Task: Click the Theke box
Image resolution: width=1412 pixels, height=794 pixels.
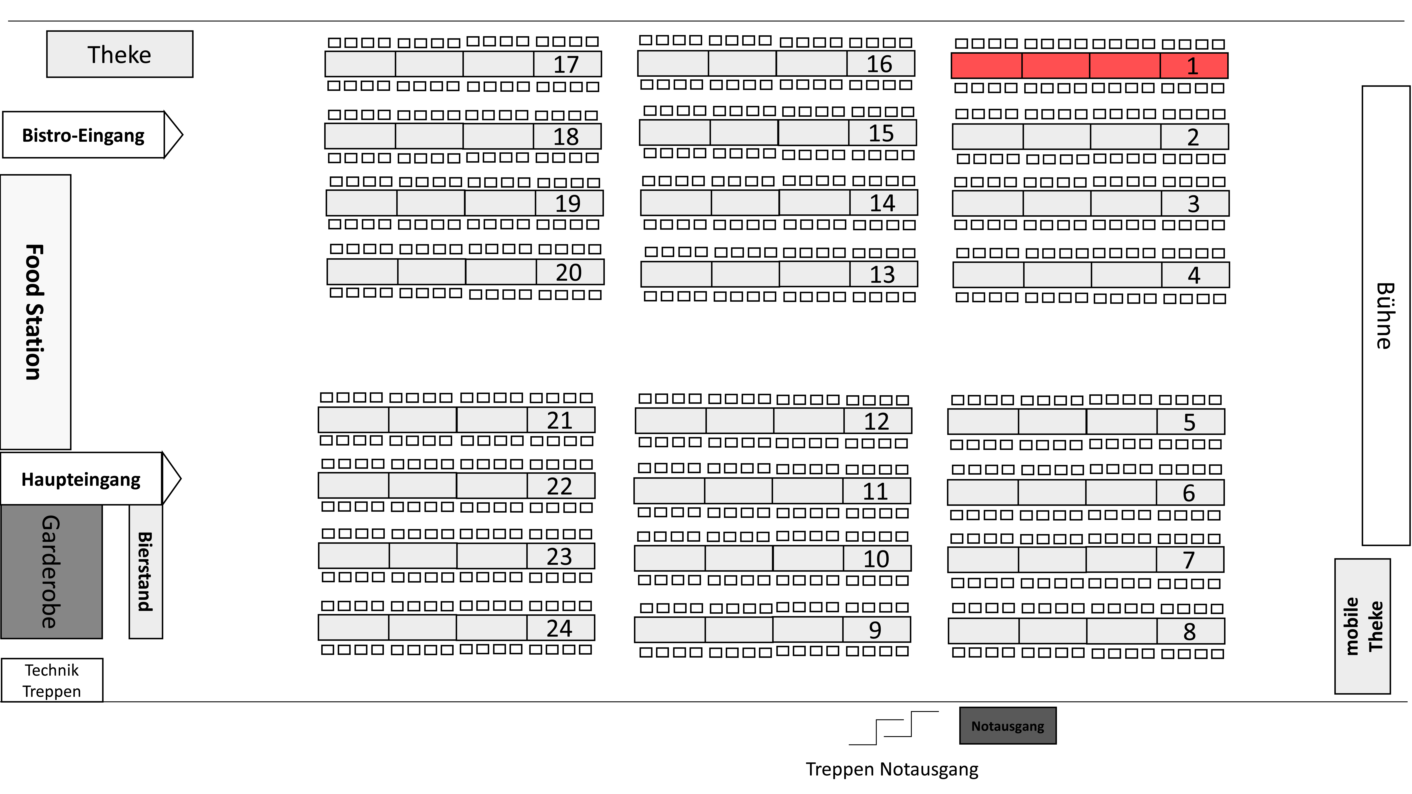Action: (119, 54)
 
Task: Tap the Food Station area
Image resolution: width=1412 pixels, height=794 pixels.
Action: (36, 312)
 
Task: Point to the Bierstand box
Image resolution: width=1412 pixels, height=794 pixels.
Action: (146, 572)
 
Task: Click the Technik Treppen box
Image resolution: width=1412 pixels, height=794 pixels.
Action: (52, 680)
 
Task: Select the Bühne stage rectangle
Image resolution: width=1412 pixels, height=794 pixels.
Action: (1386, 316)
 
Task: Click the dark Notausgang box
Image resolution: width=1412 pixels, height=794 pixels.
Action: (1007, 726)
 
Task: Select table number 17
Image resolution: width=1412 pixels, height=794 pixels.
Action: (566, 65)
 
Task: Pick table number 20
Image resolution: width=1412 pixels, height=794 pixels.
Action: (568, 272)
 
